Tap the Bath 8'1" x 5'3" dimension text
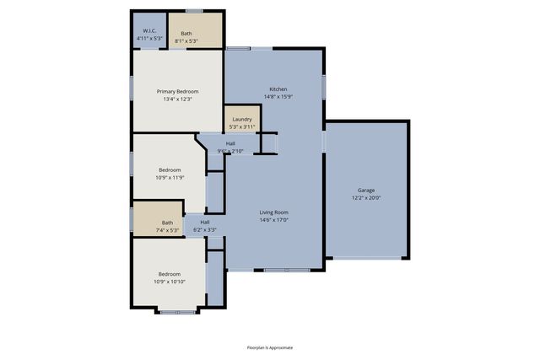[x=186, y=40]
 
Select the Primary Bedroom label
[x=177, y=91]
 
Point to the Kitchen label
[x=278, y=89]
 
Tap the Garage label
[x=366, y=191]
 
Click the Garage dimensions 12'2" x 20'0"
[x=366, y=197]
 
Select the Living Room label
[x=274, y=212]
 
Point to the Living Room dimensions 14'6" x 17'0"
[x=274, y=219]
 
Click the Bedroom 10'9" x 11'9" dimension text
[x=169, y=177]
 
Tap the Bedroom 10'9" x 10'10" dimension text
[x=170, y=281]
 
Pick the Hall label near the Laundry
[x=229, y=143]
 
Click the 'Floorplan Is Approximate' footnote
[x=270, y=347]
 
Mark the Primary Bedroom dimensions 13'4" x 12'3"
[x=177, y=99]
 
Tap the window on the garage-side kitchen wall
[x=323, y=86]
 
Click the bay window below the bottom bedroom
[x=177, y=312]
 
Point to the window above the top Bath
[x=194, y=11]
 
